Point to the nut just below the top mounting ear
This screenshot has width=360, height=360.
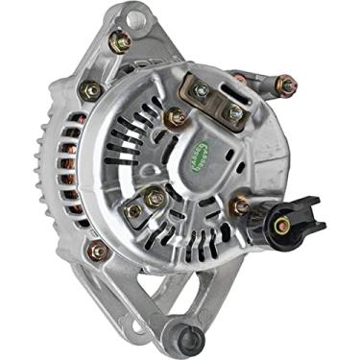pyautogui.click(x=121, y=41)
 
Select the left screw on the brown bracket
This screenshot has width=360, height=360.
pyautogui.click(x=201, y=90)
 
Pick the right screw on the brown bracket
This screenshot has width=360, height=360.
pyautogui.click(x=233, y=112)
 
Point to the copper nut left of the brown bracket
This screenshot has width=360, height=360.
pyautogui.click(x=176, y=118)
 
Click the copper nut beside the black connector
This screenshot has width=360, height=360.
pyautogui.click(x=239, y=204)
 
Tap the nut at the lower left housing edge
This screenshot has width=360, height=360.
pyautogui.click(x=97, y=252)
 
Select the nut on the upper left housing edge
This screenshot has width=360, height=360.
pyautogui.click(x=92, y=90)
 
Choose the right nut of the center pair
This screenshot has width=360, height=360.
pyautogui.click(x=156, y=200)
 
